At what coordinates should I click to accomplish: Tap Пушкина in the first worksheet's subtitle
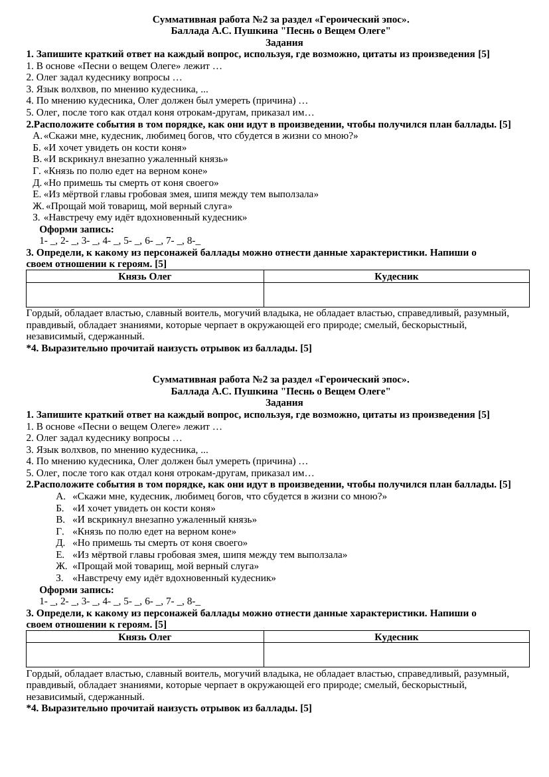(254, 31)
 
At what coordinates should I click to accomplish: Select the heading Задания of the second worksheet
(284, 402)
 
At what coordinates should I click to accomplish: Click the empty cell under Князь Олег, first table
(145, 295)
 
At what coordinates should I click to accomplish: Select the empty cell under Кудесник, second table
(396, 655)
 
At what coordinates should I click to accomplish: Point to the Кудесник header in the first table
(396, 276)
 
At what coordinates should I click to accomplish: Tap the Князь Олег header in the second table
(145, 637)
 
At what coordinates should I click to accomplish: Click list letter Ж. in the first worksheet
(39, 206)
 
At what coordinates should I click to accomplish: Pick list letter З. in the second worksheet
(60, 578)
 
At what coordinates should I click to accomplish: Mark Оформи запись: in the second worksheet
(76, 590)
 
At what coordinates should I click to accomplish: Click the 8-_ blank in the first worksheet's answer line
(194, 240)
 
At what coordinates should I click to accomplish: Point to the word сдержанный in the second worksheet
(119, 697)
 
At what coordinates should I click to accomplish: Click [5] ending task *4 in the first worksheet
(306, 348)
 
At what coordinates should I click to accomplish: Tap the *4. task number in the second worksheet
(33, 708)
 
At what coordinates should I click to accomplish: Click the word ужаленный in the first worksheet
(181, 159)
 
